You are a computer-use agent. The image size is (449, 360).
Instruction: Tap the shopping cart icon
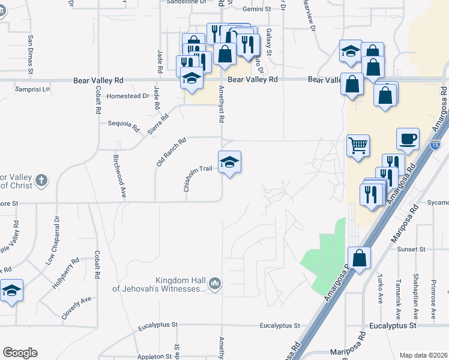click(x=358, y=145)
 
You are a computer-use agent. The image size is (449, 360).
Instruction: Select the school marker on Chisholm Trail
click(x=229, y=162)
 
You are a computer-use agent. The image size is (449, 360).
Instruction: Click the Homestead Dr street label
click(x=127, y=96)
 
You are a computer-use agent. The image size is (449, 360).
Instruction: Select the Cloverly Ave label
click(x=76, y=307)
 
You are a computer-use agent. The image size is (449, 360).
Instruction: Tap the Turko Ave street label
click(x=380, y=290)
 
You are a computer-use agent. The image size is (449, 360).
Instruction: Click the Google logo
click(x=20, y=353)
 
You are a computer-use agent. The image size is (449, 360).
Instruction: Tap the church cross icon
click(x=41, y=179)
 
